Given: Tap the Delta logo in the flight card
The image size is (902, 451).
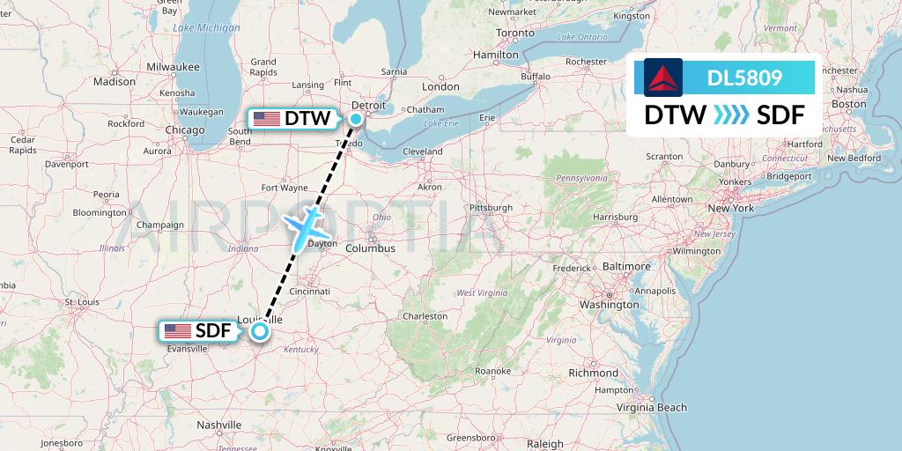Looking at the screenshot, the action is click(x=662, y=78).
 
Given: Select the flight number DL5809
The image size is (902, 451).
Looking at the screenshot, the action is click(x=744, y=78).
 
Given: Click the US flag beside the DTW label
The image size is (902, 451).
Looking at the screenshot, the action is click(x=266, y=118).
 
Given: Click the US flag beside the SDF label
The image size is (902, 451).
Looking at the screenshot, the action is click(x=177, y=331).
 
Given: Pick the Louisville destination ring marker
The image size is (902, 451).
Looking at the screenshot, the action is click(x=260, y=331).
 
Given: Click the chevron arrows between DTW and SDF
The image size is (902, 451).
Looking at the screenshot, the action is click(x=731, y=115).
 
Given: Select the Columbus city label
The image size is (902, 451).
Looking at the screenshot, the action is click(x=370, y=248).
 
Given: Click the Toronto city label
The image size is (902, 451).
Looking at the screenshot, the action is click(x=515, y=33).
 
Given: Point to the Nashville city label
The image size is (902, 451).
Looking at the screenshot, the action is click(x=219, y=425).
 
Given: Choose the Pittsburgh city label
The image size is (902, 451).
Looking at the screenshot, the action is click(x=491, y=208).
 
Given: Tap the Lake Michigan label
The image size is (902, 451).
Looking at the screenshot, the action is click(x=206, y=28).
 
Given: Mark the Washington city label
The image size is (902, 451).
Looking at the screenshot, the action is click(x=608, y=305).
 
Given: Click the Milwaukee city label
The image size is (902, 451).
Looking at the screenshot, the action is click(x=173, y=66).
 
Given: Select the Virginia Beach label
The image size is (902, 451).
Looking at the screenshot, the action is click(x=651, y=407).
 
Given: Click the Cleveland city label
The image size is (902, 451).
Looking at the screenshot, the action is click(x=422, y=152).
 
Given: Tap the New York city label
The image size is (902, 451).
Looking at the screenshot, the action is click(x=730, y=209).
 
